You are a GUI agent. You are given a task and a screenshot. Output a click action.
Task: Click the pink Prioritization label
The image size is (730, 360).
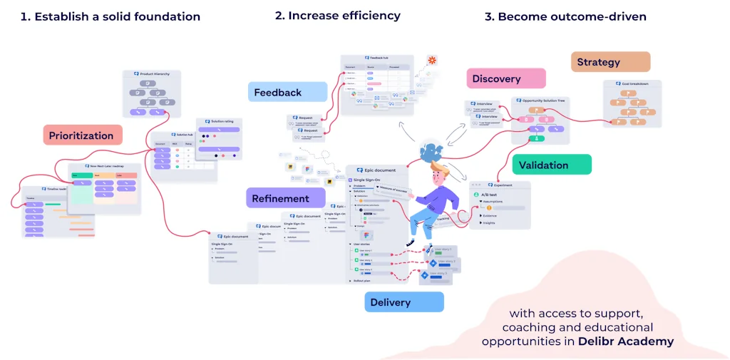[81, 135]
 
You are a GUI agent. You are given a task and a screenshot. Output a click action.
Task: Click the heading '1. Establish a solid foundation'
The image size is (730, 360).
[110, 16]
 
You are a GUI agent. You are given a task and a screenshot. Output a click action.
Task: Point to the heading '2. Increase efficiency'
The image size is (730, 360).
[337, 15]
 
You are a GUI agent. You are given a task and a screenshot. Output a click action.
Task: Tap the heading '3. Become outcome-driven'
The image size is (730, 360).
[565, 16]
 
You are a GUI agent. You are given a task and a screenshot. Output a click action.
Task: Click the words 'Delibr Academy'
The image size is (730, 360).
[626, 341]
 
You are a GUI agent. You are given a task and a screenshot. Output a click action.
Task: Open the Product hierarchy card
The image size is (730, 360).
[151, 93]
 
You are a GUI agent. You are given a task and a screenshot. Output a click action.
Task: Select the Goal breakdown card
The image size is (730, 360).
[632, 104]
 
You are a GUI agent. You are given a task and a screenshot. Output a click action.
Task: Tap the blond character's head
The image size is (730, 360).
[440, 173]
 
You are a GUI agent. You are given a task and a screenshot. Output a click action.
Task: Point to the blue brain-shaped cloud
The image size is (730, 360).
[432, 152]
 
